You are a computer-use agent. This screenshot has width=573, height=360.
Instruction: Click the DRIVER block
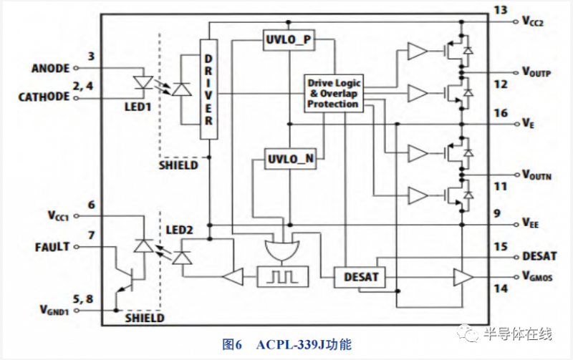208,90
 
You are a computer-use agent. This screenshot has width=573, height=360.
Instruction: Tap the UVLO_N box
290,159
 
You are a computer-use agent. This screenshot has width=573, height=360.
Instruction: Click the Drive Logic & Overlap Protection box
332,93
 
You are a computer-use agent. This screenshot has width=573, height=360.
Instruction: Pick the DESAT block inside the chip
360,276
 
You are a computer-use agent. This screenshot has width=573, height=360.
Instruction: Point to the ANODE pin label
50,69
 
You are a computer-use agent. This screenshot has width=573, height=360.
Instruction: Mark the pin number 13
500,9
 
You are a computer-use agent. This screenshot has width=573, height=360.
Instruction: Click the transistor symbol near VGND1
127,281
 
